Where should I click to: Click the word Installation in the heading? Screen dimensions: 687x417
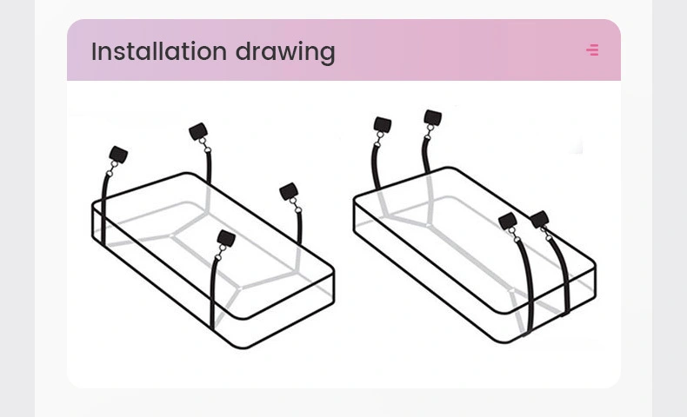pos(158,51)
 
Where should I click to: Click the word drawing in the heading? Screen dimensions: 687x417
pos(285,52)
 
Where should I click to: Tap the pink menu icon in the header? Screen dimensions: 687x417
pos(592,50)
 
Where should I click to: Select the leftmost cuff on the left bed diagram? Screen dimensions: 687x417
pos(118,155)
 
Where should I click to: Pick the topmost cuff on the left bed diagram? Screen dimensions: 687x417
pos(198,131)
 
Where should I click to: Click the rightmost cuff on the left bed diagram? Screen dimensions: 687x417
pos(289,192)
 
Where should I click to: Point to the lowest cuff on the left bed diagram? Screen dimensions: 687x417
pos(226,239)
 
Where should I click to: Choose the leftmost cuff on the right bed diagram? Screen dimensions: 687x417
pos(383,125)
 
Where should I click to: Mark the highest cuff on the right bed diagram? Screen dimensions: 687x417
pos(433,117)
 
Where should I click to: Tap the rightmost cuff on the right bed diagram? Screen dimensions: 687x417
pos(539,219)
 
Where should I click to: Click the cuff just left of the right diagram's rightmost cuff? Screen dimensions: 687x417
pos(508,222)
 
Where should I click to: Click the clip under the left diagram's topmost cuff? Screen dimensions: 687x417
pos(204,145)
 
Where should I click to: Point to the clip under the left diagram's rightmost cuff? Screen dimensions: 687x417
pos(295,205)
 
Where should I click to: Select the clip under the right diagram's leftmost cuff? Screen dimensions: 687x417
pos(378,139)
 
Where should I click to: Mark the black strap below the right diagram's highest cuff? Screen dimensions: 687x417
pos(425,156)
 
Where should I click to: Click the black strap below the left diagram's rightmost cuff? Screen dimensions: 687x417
pos(299,228)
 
